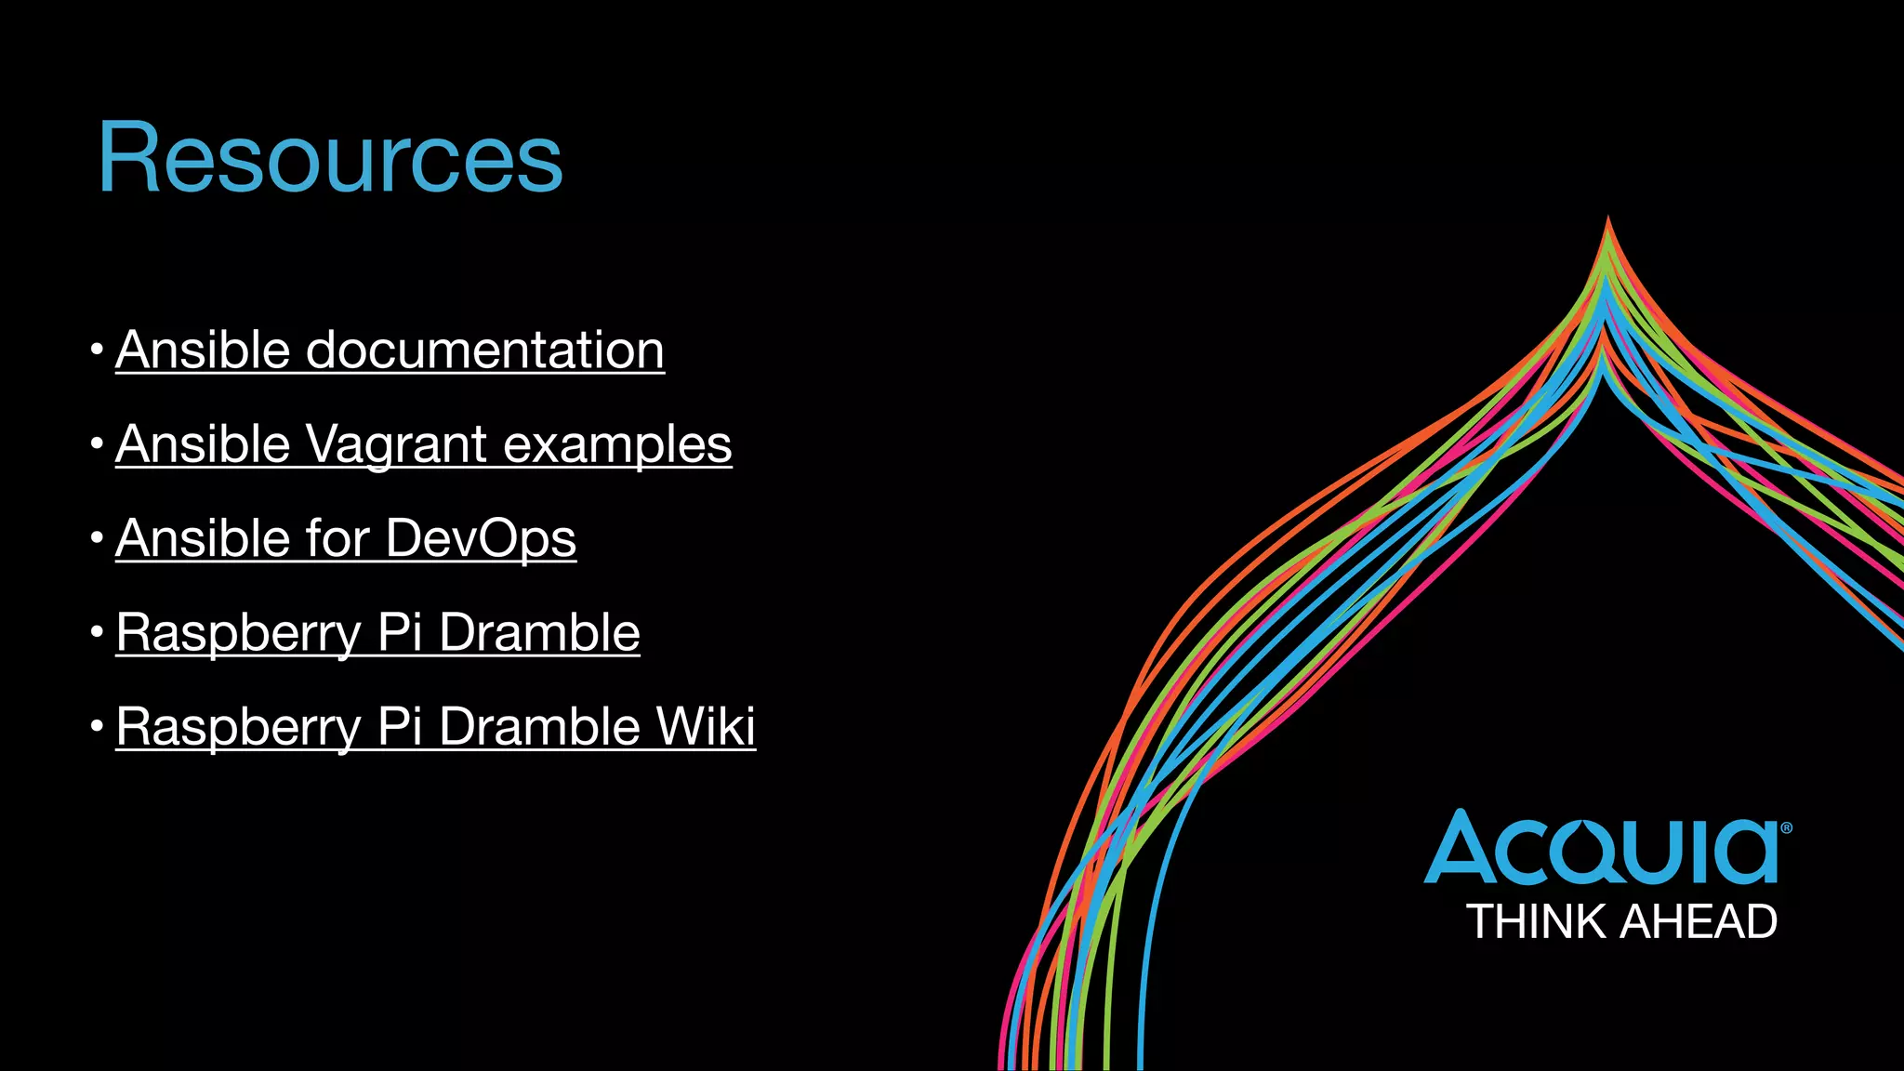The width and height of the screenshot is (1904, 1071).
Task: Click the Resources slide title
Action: pos(330,158)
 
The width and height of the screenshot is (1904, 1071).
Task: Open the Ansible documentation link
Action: pos(390,350)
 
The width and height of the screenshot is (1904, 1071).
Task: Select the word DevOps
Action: pos(481,538)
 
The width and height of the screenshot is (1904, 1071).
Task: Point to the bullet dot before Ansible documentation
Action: pos(97,350)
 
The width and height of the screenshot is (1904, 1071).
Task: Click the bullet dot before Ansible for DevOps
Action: pos(97,537)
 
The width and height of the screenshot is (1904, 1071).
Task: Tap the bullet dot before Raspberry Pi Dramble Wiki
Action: pos(97,725)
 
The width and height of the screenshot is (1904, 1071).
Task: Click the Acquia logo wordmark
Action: pos(1601,848)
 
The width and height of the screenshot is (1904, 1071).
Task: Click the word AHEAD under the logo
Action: pos(1699,922)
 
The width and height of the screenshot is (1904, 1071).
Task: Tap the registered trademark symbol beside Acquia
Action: pos(1786,827)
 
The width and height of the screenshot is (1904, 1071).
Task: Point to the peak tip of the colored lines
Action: pos(1608,221)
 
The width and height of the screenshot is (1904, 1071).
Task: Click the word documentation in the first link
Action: pos(484,350)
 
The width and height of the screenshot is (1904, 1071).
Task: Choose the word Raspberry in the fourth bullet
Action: pos(238,632)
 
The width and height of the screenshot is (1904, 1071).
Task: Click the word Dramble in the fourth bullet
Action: pos(539,632)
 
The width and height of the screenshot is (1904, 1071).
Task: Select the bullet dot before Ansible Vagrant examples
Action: pos(97,443)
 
